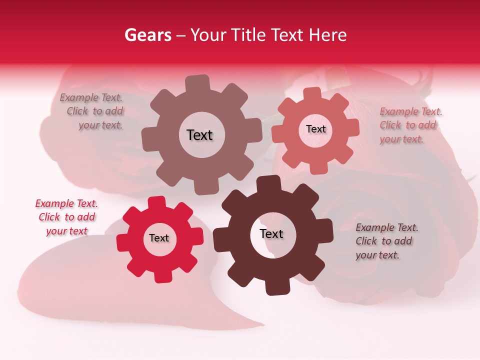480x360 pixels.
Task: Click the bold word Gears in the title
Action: (x=147, y=35)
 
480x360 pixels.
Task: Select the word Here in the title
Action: (x=328, y=35)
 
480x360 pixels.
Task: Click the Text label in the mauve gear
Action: (x=199, y=135)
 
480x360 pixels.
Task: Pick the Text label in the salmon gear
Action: (x=315, y=129)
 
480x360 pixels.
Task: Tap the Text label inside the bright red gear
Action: (x=159, y=238)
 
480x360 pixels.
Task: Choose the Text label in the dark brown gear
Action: (x=271, y=234)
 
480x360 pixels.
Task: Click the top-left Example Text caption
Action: (x=92, y=111)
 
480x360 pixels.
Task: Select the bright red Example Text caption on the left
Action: (x=66, y=217)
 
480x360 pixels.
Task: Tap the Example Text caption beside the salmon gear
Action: (x=410, y=125)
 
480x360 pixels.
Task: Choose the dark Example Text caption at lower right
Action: (x=386, y=241)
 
